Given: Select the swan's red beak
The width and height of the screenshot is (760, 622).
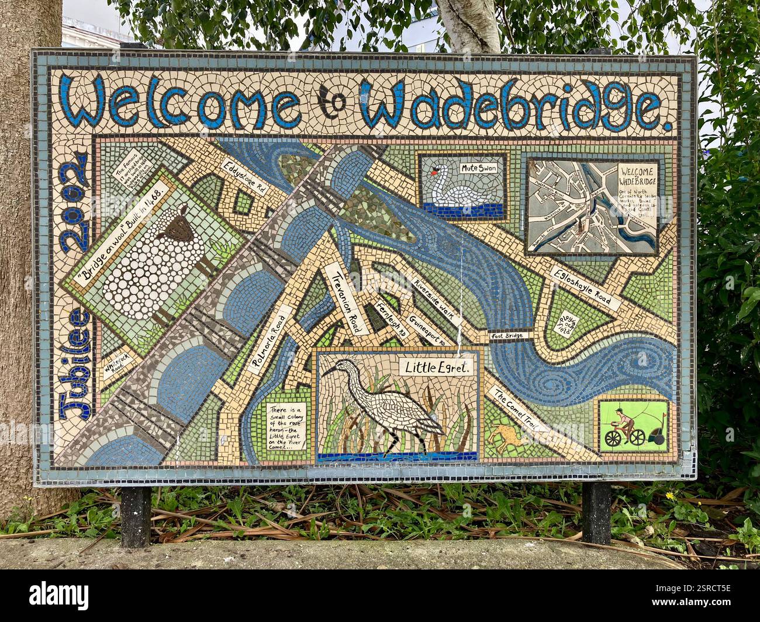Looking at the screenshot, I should [434, 172].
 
